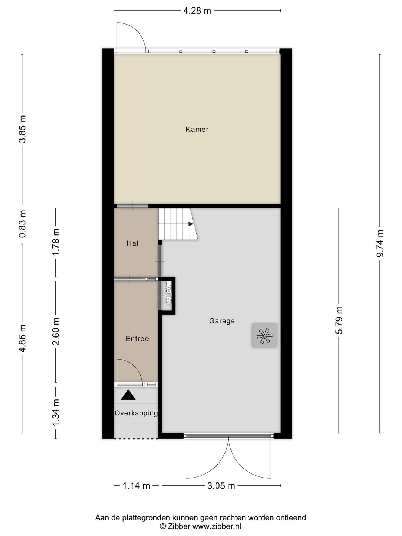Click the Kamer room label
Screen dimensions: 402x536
[x=197, y=129]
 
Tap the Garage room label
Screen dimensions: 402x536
[x=222, y=320]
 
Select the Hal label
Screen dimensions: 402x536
[x=133, y=243]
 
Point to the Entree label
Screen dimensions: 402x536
[x=137, y=339]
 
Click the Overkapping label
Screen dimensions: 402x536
[x=136, y=413]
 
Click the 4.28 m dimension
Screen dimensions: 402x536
[x=197, y=11]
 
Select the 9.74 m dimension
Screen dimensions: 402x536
[x=380, y=243]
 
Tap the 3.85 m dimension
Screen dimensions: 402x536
[x=23, y=129]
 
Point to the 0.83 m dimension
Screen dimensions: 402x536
[x=23, y=224]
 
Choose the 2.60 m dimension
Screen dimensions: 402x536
[x=56, y=331]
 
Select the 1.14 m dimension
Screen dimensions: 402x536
[x=136, y=486]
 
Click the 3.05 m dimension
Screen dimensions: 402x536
[x=221, y=486]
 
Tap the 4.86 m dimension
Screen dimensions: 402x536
[x=23, y=338]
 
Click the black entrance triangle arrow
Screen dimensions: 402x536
[x=128, y=395]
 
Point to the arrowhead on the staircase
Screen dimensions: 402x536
[x=191, y=224]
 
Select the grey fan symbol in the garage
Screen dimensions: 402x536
[x=265, y=335]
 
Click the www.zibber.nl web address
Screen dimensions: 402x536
[x=217, y=526]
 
